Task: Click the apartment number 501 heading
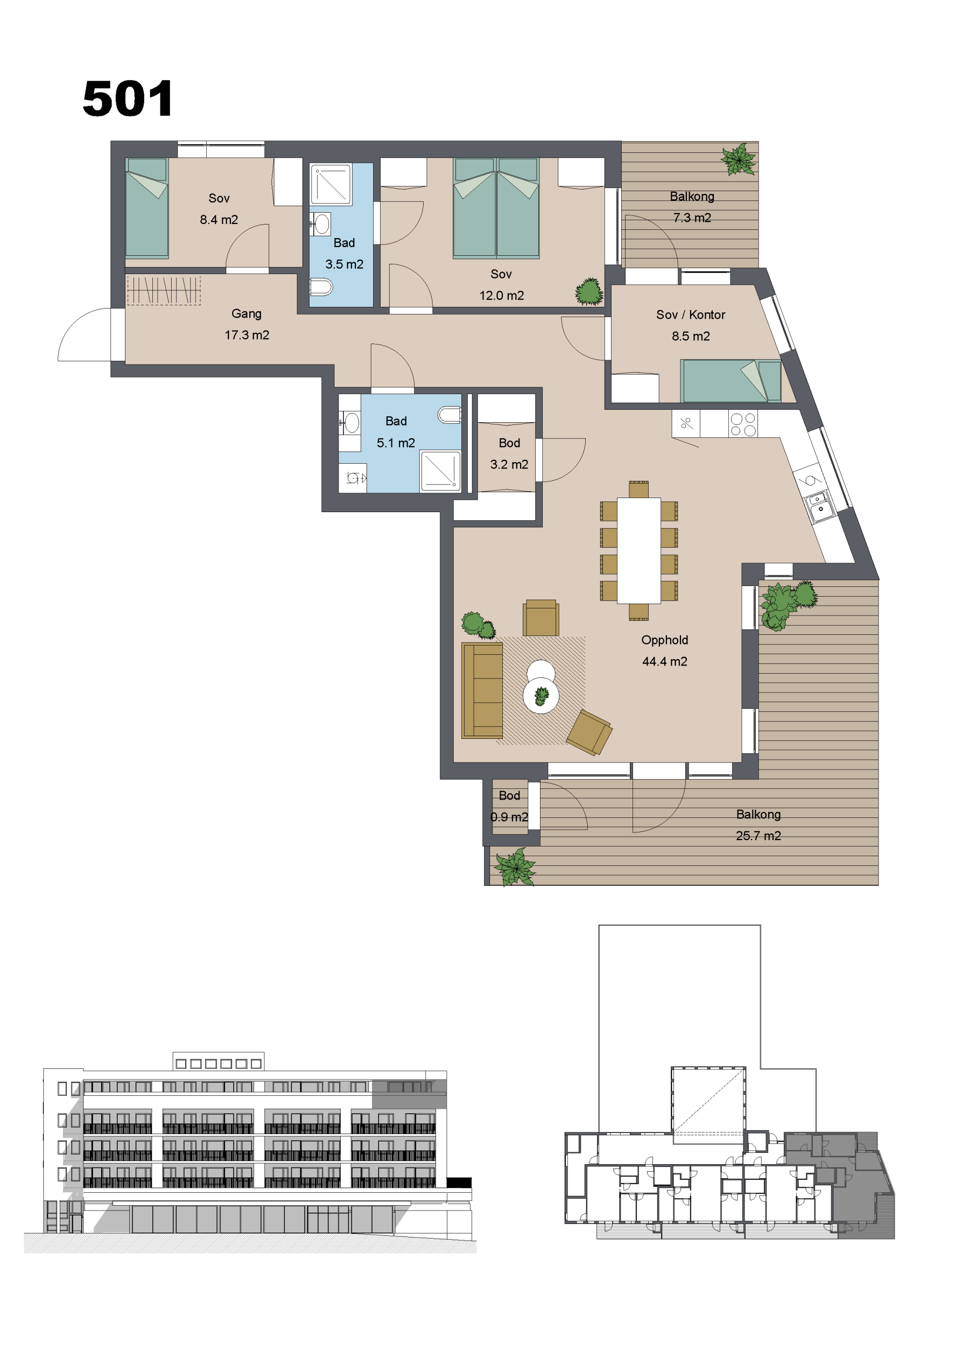(x=128, y=99)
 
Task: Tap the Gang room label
(x=247, y=313)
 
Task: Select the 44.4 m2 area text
(x=664, y=662)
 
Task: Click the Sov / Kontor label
(x=691, y=314)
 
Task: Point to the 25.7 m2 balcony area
(x=759, y=836)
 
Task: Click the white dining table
(x=639, y=550)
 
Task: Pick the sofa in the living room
(x=482, y=690)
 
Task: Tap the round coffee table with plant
(x=541, y=696)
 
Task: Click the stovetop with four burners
(x=743, y=424)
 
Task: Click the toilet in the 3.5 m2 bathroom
(x=321, y=287)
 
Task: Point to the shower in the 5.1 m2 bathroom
(x=440, y=472)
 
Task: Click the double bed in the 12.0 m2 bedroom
(x=496, y=208)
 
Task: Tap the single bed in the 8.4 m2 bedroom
(x=147, y=208)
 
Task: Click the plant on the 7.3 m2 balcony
(x=739, y=159)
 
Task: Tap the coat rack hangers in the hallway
(x=163, y=290)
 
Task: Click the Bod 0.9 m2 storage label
(x=509, y=806)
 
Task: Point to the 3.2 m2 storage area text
(x=509, y=465)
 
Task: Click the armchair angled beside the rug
(x=589, y=732)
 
